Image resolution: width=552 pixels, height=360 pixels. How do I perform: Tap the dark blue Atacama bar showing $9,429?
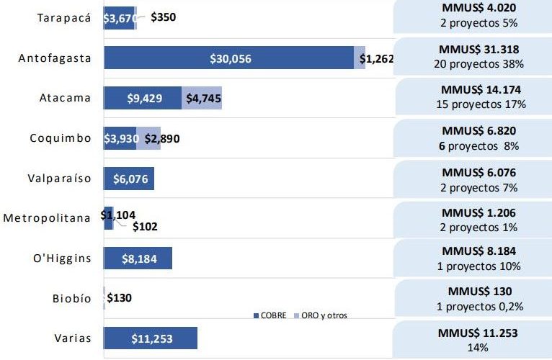coord(143,98)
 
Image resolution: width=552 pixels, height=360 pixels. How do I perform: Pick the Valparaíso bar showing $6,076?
coord(129,179)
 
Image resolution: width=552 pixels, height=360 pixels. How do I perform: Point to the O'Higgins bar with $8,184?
coord(138,258)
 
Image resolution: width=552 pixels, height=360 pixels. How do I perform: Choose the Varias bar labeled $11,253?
coord(151,338)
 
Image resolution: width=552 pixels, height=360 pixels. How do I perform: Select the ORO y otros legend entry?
coord(321,315)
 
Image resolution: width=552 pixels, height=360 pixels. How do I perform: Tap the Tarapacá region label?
coord(64,19)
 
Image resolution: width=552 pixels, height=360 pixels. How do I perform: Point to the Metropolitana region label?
coord(48,218)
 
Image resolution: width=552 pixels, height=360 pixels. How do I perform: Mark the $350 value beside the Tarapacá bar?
coord(164,17)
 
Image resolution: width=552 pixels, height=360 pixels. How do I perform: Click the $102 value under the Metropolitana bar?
coord(145,226)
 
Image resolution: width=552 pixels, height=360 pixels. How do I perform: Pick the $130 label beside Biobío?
coord(119,297)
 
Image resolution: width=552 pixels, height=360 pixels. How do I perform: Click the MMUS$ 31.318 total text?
coord(479,50)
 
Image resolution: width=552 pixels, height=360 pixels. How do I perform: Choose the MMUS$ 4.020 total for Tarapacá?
coord(479,9)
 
